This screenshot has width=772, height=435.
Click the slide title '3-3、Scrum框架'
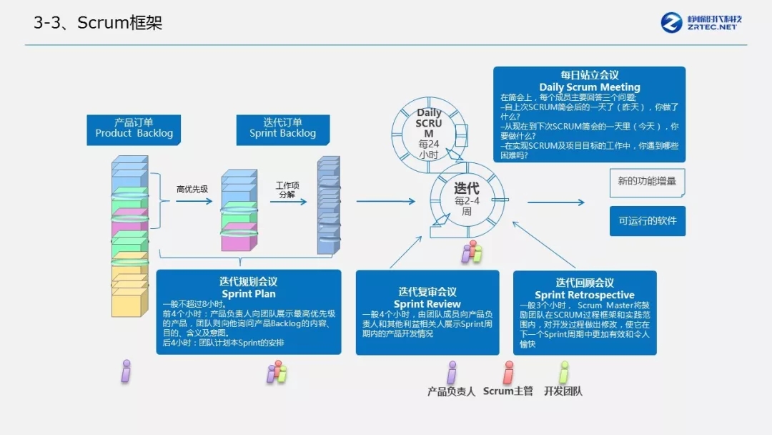[x=98, y=23]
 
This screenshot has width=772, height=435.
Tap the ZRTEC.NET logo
[x=701, y=22]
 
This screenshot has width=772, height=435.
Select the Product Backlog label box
[x=134, y=129]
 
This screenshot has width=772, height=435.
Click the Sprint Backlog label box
[x=282, y=129]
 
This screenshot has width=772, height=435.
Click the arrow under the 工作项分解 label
[x=288, y=202]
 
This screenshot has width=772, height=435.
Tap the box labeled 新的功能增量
[x=647, y=182]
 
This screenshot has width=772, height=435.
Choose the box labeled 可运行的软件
[x=647, y=221]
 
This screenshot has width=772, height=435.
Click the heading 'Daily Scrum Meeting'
[x=589, y=87]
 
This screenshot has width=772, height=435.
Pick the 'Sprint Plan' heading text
[x=248, y=293]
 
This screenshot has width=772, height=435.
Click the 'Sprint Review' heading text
[x=427, y=304]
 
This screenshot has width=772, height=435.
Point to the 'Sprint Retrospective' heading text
[x=584, y=295]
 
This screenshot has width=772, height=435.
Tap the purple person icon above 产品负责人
[x=451, y=372]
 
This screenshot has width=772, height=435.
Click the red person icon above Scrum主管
[x=508, y=372]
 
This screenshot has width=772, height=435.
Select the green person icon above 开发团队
[x=563, y=372]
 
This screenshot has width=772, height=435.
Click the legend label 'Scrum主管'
[x=508, y=391]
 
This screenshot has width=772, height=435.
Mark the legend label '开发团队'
[x=563, y=391]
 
